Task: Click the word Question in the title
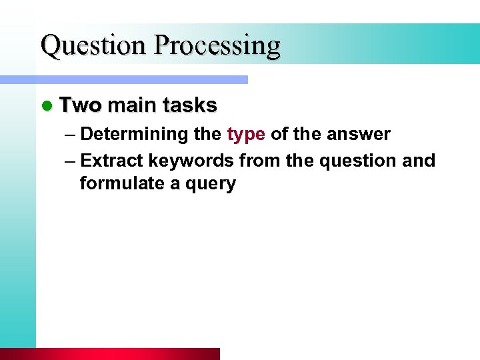pos(94,46)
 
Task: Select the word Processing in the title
pos(217,46)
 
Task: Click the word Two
pos(81,105)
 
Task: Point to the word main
pos(131,105)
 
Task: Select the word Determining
pos(134,134)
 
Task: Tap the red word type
pos(246,135)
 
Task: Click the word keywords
pos(191,161)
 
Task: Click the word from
pos(257,161)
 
